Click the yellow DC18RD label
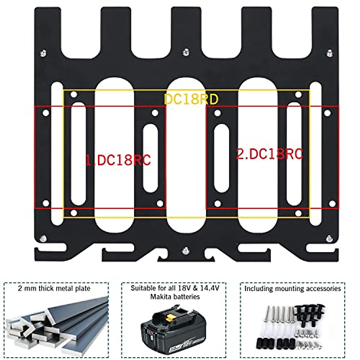(191, 99)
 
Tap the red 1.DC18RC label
(118, 160)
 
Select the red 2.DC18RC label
(269, 154)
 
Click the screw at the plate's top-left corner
(43, 53)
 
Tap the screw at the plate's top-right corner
(330, 53)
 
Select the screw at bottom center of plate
(186, 250)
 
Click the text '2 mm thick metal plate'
(54, 289)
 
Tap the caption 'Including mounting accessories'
(292, 289)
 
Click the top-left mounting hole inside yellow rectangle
(74, 95)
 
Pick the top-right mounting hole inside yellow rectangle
(298, 95)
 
